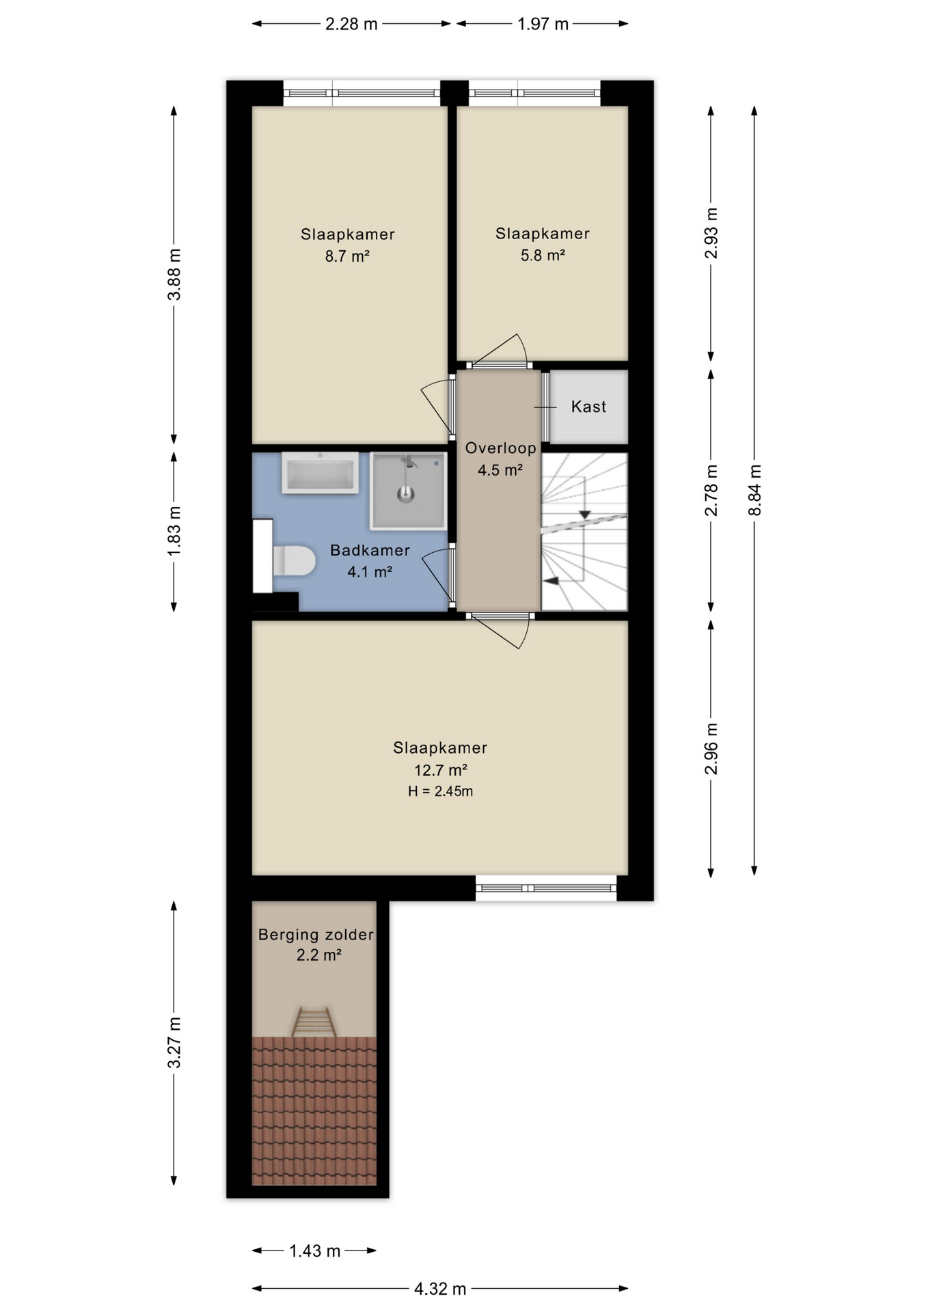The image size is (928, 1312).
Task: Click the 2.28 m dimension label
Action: (x=351, y=24)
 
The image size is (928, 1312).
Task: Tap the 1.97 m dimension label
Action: (x=543, y=24)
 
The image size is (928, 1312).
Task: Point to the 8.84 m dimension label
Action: (x=754, y=491)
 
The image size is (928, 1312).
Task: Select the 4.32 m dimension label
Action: (x=440, y=1289)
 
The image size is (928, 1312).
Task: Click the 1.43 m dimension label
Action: (x=314, y=1251)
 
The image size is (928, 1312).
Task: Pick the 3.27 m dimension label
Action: (x=174, y=1042)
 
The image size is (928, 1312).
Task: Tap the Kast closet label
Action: (x=588, y=407)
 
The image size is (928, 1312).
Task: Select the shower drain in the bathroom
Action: (x=406, y=493)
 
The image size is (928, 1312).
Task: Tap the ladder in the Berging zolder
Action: (x=314, y=1022)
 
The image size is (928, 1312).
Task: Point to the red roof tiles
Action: (x=314, y=1110)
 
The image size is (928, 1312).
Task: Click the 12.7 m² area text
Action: (x=441, y=770)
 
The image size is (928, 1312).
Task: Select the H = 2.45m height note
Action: (x=441, y=791)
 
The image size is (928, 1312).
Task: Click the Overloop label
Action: (x=501, y=448)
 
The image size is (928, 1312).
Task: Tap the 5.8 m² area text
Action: (x=543, y=256)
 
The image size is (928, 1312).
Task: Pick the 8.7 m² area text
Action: (x=347, y=256)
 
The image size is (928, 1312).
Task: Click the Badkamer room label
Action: (x=370, y=550)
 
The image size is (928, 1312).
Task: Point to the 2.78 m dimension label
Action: (x=711, y=490)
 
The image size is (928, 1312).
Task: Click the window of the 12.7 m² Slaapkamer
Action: (x=546, y=888)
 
